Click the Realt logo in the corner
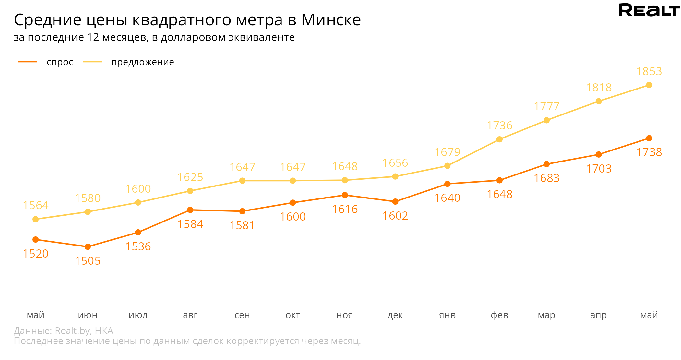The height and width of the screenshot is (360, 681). (649, 10)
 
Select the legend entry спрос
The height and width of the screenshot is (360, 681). (60, 62)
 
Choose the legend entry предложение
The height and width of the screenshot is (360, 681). (142, 62)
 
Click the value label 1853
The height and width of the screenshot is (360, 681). (649, 71)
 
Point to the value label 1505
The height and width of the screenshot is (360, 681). (88, 261)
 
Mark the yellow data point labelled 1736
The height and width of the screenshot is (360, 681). (499, 139)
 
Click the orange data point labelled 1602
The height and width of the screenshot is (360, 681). (395, 202)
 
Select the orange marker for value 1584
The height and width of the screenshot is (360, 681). (190, 210)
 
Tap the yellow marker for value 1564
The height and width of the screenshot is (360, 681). (36, 219)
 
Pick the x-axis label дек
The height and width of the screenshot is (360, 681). (395, 315)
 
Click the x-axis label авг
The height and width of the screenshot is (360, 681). (190, 315)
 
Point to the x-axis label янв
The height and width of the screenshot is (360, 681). (447, 315)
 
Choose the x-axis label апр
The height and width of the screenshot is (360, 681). (598, 315)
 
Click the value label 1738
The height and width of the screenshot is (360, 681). (649, 152)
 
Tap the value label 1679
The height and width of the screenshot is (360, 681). (447, 152)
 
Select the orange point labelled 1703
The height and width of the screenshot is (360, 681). (599, 155)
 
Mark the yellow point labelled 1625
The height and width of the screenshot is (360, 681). (190, 191)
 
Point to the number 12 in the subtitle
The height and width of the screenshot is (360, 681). (93, 38)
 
